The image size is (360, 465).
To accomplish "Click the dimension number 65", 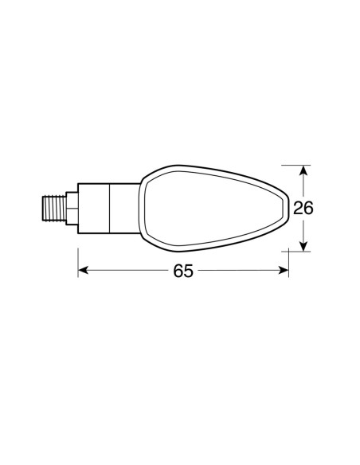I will click(182, 272).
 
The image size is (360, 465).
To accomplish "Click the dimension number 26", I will click(303, 209).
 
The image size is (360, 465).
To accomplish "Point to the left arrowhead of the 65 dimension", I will click(83, 272).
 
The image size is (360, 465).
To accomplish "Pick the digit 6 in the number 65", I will click(177, 272).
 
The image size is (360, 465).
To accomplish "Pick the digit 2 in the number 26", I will click(298, 209).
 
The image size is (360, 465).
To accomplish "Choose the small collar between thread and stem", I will click(72, 209).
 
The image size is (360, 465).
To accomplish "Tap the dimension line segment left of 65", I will click(127, 272).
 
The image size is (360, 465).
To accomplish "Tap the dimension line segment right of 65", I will click(239, 272).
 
